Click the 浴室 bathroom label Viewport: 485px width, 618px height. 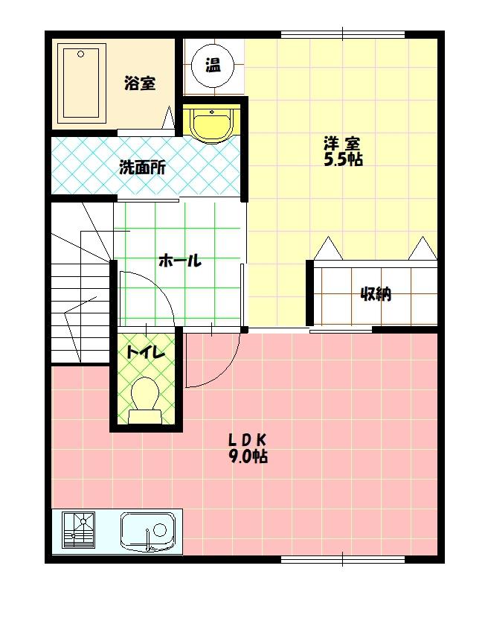140,83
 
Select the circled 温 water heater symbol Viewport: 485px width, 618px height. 213,65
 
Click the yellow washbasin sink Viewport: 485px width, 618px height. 213,123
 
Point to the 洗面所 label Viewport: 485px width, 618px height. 143,167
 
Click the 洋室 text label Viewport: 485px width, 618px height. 342,142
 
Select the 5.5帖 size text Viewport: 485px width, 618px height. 342,159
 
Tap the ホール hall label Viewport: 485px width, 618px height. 179,261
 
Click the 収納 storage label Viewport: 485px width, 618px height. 376,294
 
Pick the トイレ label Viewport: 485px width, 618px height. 145,352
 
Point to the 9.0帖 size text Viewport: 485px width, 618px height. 248,456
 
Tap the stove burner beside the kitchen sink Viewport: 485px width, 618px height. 78,530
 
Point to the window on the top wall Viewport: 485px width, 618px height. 342,34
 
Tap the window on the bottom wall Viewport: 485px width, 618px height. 342,558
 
